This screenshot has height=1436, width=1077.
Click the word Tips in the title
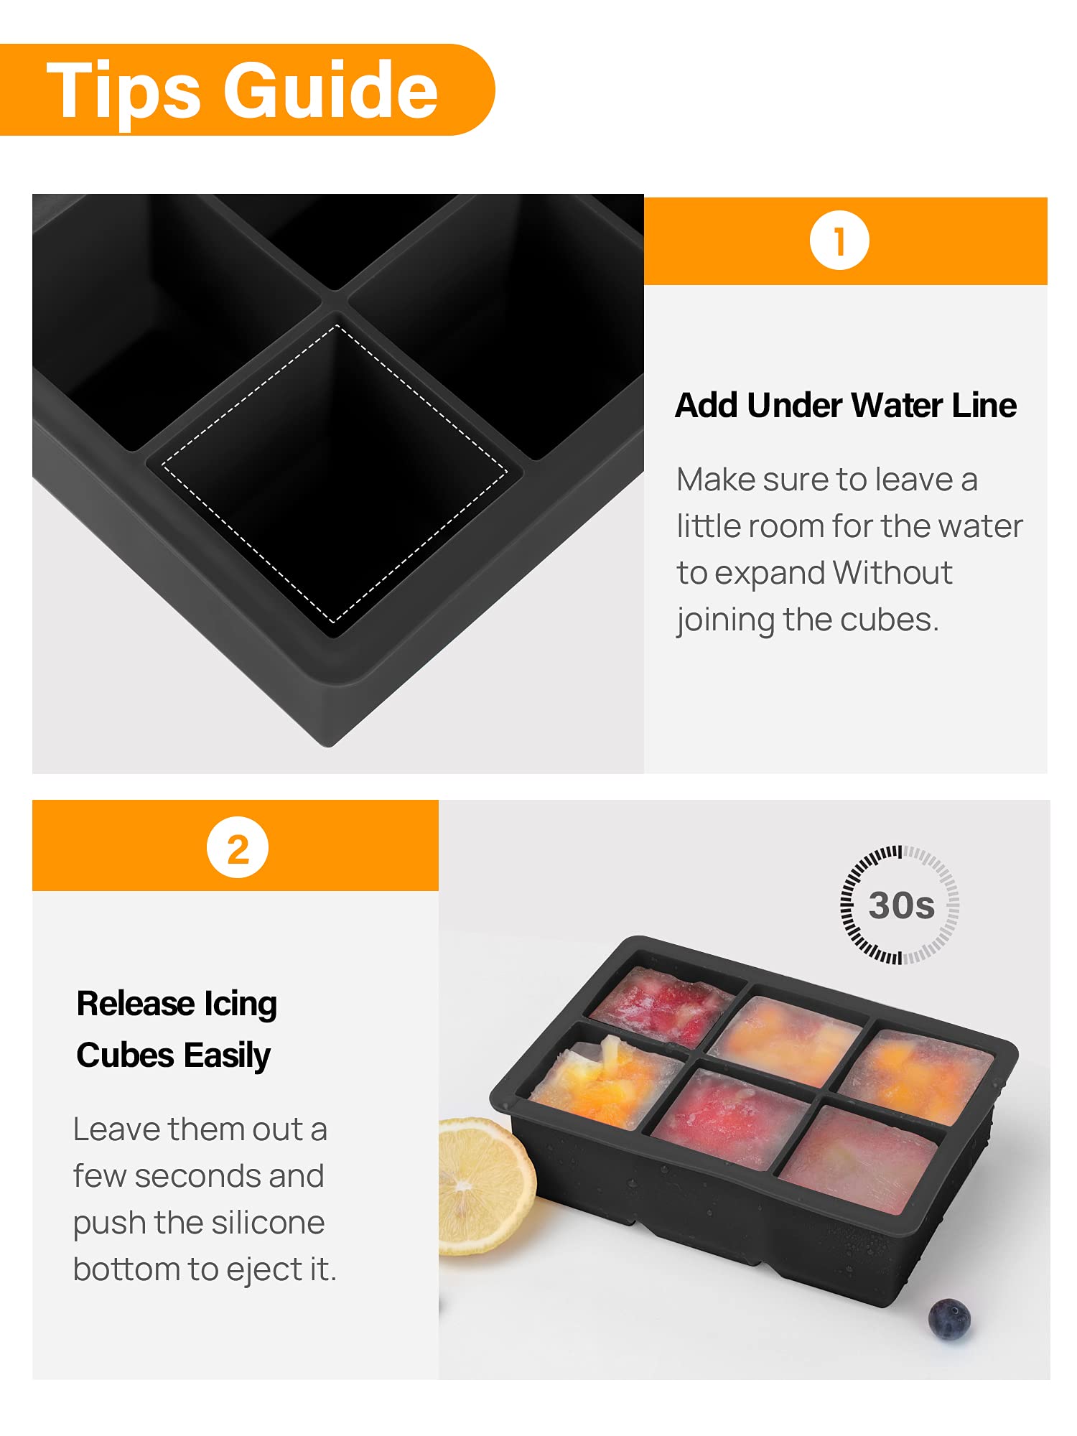click(123, 91)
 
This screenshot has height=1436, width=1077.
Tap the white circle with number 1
click(839, 241)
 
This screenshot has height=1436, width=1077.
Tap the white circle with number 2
click(237, 848)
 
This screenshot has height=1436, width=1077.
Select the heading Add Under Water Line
click(845, 406)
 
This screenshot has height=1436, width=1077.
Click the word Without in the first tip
click(892, 573)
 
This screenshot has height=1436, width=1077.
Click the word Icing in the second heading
click(240, 1004)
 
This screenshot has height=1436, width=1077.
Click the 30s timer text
click(901, 905)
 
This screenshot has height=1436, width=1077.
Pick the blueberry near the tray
click(948, 1318)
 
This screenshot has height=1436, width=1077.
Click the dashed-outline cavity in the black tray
click(335, 474)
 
